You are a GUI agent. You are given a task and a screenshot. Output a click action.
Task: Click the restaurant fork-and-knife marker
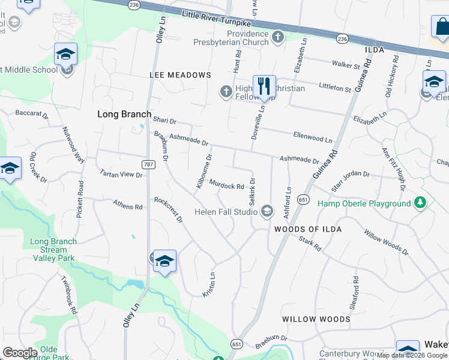(x=264, y=86)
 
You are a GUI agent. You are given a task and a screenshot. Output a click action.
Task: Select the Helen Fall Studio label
(x=226, y=212)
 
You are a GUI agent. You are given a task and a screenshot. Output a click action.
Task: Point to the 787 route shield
(x=149, y=164)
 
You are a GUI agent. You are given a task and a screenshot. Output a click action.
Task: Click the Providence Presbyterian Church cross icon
(x=277, y=38)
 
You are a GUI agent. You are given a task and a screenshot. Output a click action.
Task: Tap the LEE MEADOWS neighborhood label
(x=180, y=75)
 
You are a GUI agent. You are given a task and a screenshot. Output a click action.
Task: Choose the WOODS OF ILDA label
(x=308, y=229)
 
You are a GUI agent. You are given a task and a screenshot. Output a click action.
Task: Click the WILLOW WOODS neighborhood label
(x=316, y=319)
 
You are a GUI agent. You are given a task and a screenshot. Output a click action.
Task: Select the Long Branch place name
(x=124, y=113)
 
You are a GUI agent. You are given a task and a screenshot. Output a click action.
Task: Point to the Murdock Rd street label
(x=226, y=186)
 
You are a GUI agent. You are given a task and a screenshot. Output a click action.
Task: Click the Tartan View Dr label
(x=121, y=174)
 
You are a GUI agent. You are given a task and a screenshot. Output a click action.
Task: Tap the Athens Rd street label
(x=128, y=206)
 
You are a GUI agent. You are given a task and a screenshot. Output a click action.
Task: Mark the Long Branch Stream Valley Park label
(x=53, y=250)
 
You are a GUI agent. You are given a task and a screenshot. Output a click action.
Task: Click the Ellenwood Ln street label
(x=312, y=138)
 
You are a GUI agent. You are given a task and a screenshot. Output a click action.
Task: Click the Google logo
(x=20, y=353)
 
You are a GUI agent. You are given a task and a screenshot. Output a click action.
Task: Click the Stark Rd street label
(x=310, y=242)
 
